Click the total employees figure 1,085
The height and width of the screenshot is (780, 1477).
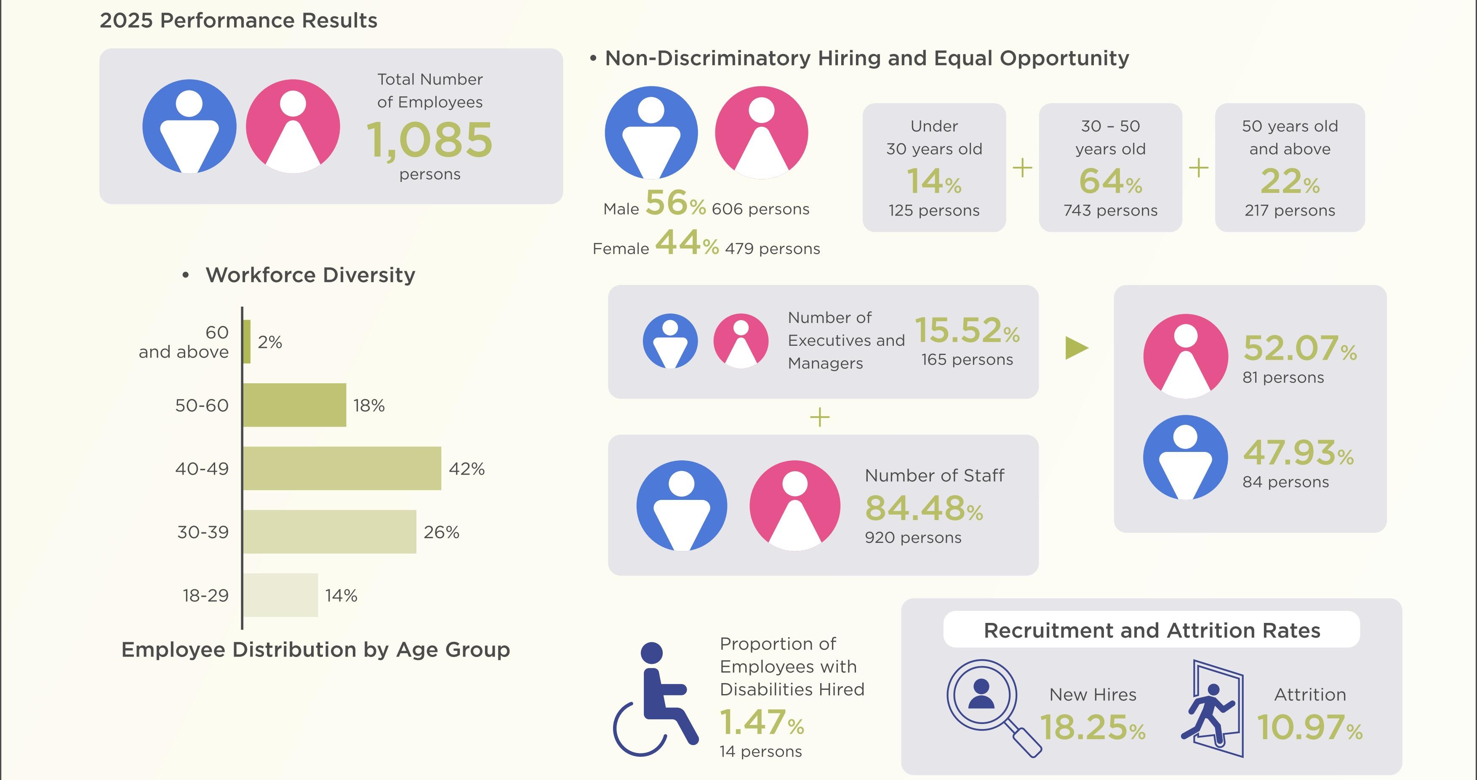(429, 141)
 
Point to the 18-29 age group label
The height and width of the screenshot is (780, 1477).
(205, 596)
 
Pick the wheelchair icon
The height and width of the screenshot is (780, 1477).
(656, 699)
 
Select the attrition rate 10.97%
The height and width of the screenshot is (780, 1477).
(1309, 727)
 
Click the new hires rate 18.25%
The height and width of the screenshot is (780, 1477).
(1092, 727)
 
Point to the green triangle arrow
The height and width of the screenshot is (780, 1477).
(1077, 347)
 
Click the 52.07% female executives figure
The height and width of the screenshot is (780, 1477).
(1300, 348)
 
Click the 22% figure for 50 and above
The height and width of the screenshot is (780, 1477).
(1290, 181)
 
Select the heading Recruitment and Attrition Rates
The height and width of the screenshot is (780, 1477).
(1152, 630)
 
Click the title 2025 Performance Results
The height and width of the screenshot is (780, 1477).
(239, 21)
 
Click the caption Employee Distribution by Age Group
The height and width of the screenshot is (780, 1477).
(315, 650)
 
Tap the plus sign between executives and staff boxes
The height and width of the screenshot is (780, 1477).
(820, 417)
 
